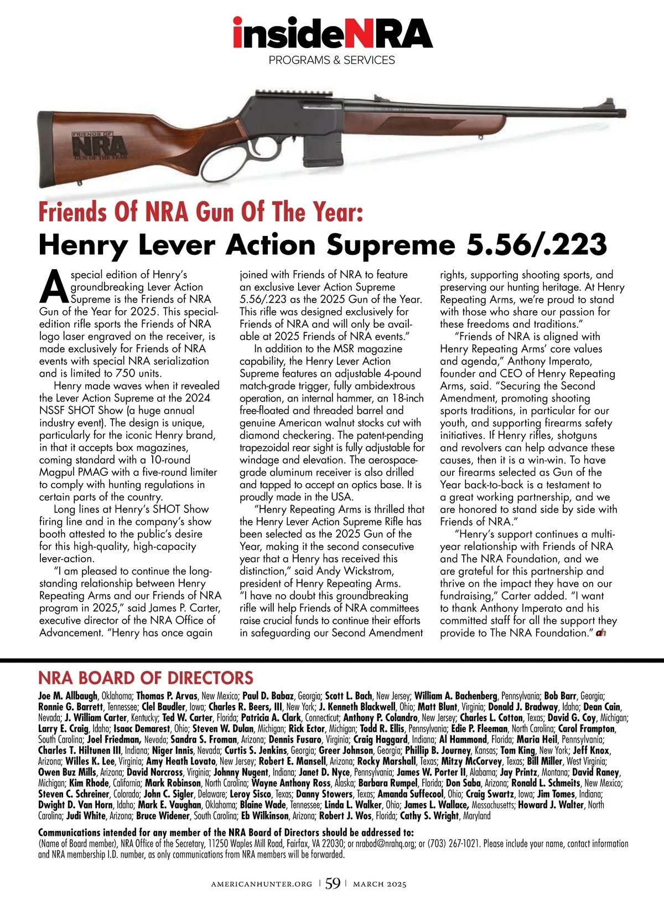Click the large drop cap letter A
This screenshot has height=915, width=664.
coord(54,285)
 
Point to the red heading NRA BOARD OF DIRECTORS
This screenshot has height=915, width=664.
coord(146,678)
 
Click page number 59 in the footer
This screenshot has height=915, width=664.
coord(333,883)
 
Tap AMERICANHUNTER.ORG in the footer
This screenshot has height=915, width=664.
coord(261,884)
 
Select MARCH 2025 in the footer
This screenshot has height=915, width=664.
coord(380,884)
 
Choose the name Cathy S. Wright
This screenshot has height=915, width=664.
coord(429,815)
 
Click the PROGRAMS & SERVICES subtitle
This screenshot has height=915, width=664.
coord(332,60)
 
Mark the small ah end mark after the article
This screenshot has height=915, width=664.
coord(601,633)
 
